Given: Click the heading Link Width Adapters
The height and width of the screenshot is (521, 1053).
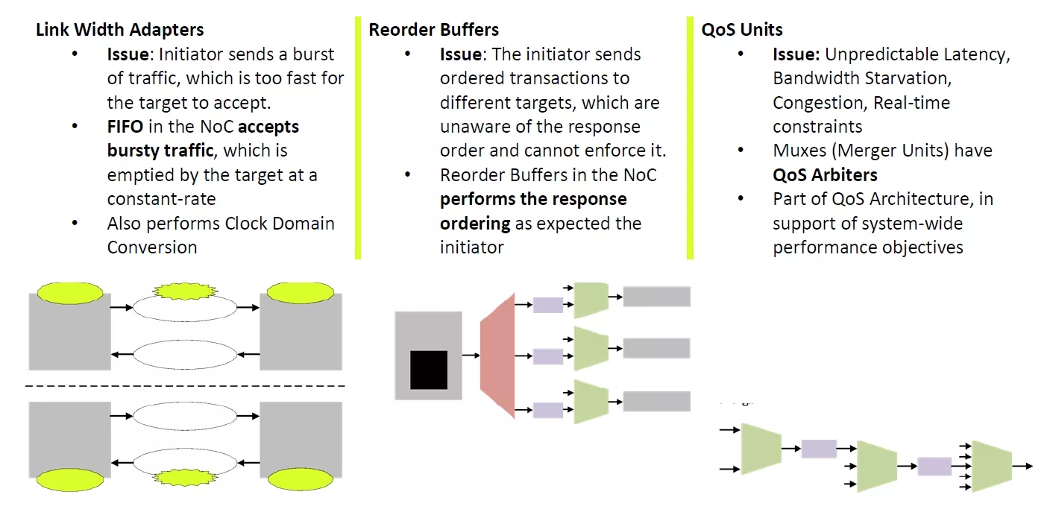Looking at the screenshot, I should pyautogui.click(x=119, y=30).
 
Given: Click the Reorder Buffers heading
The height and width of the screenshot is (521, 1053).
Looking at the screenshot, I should pyautogui.click(x=433, y=30).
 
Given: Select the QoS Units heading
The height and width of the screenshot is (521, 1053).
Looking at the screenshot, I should pyautogui.click(x=742, y=30).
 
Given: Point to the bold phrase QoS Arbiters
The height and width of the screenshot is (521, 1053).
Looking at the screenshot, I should pyautogui.click(x=825, y=175).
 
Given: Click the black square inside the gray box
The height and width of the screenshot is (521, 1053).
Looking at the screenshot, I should pyautogui.click(x=429, y=370).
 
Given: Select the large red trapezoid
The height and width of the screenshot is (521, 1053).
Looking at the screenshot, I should pyautogui.click(x=497, y=355).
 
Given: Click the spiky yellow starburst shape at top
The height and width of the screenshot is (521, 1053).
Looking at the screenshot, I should pyautogui.click(x=185, y=289).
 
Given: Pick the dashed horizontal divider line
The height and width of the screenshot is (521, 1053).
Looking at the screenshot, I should pyautogui.click(x=185, y=386).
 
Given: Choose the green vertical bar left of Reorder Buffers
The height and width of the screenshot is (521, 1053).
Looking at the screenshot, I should pyautogui.click(x=358, y=138).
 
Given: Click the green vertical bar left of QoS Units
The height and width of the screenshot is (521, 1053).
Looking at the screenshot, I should pyautogui.click(x=690, y=138).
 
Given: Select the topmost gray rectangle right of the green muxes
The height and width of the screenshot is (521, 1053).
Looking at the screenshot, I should pyautogui.click(x=656, y=297).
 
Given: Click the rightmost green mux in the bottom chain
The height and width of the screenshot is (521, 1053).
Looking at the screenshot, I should pyautogui.click(x=991, y=466).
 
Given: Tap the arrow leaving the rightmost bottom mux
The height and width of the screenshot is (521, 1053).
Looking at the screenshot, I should pyautogui.click(x=1022, y=466).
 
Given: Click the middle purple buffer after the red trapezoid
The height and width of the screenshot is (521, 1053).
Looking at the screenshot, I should pyautogui.click(x=548, y=356).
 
